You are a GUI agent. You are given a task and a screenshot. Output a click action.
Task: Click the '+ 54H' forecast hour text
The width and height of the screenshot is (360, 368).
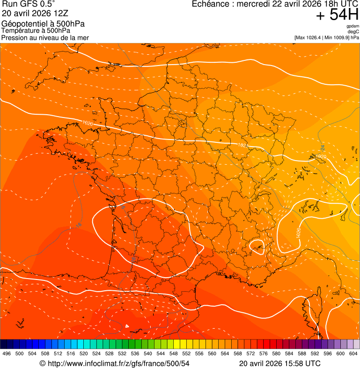(x=337, y=15)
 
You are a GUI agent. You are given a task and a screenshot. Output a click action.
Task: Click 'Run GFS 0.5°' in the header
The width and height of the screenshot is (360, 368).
(x=29, y=4)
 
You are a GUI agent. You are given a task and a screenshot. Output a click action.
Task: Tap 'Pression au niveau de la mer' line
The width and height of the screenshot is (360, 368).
(x=45, y=37)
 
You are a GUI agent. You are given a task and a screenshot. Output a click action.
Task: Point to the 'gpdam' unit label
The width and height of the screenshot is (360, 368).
(x=353, y=26)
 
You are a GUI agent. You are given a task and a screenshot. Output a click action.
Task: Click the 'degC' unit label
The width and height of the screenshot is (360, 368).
(x=354, y=32)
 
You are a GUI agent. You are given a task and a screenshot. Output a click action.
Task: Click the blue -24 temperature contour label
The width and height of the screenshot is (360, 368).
(x=323, y=148)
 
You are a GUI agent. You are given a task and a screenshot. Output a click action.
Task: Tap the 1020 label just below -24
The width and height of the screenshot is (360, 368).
(x=321, y=156)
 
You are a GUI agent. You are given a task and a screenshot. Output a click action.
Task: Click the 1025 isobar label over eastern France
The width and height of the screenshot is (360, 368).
(x=242, y=145)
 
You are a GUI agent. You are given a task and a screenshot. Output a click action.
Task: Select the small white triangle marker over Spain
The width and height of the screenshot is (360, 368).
(x=127, y=326)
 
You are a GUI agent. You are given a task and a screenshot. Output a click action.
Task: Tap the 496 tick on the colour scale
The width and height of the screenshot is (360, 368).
(x=7, y=353)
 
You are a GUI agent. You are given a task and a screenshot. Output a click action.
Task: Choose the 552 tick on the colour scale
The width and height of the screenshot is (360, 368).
(x=186, y=353)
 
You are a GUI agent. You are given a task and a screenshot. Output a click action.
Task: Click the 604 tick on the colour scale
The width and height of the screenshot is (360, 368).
(x=353, y=353)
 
